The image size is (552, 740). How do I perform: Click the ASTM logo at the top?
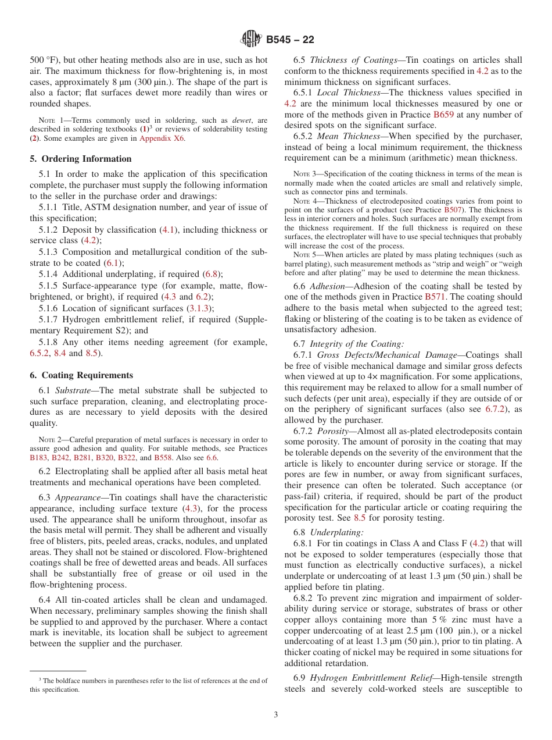(x=251, y=40)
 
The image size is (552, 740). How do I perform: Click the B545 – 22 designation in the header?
(x=290, y=40)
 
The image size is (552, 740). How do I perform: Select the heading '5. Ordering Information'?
(x=81, y=159)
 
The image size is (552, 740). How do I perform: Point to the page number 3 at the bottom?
(x=276, y=715)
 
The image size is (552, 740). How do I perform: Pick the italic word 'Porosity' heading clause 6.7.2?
(x=334, y=431)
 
